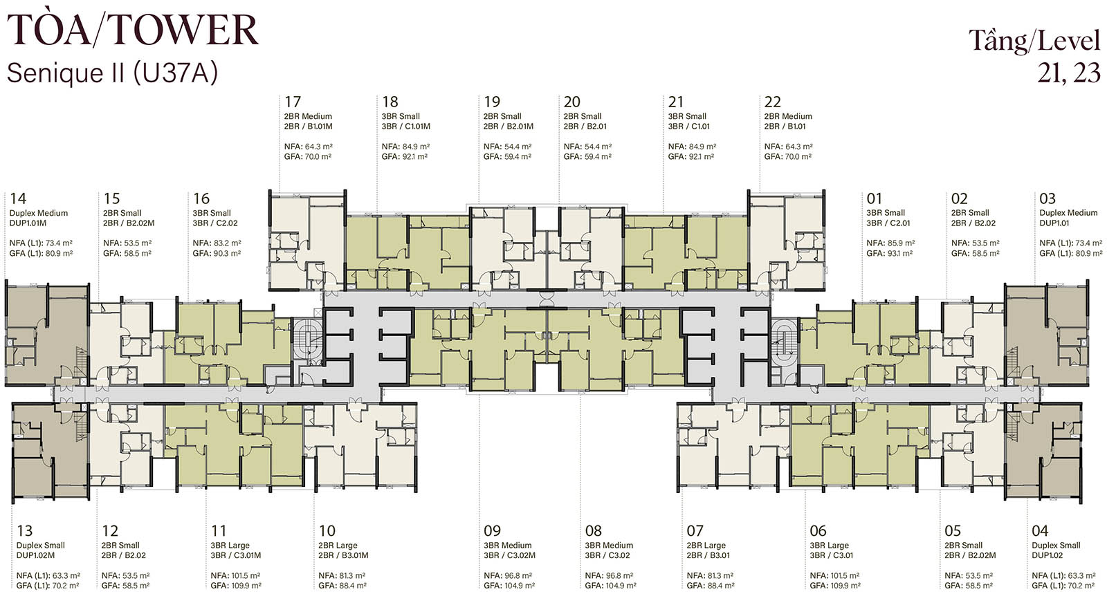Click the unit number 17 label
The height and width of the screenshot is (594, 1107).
pos(293,102)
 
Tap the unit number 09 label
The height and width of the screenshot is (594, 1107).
pos(492,531)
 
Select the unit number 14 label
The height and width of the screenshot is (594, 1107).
pos(18,198)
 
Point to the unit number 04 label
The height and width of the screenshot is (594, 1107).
pos(1040,531)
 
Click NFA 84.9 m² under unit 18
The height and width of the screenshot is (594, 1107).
pos(405,147)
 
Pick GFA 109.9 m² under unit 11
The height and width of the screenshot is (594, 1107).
pos(236,586)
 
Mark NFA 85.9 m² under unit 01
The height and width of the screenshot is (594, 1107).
pos(890,243)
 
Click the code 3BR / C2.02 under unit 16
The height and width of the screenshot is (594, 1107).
pos(215,223)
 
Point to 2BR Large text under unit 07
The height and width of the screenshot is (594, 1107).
pos(706,545)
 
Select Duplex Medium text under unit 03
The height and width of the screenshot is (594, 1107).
pos(1068,213)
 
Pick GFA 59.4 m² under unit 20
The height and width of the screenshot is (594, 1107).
pos(587,156)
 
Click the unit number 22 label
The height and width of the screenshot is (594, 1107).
pos(773,102)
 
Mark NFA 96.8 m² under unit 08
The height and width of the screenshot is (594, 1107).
pos(610,576)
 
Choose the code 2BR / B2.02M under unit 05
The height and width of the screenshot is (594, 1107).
pos(970,555)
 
